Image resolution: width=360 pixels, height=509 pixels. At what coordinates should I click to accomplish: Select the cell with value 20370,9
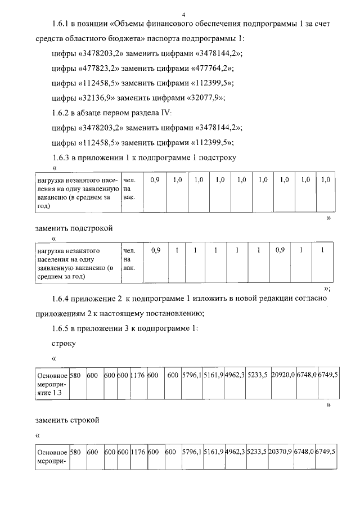tap(280, 452)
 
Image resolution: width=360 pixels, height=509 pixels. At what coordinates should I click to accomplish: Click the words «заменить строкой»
tap(67, 420)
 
